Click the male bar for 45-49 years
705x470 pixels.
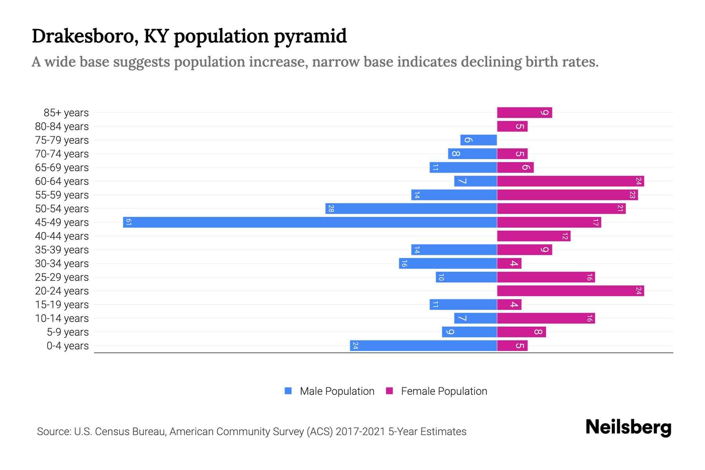tap(309, 222)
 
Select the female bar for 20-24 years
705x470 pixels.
tap(570, 291)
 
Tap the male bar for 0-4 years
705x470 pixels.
tap(423, 345)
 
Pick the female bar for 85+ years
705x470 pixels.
tap(524, 112)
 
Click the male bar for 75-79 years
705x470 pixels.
tap(478, 140)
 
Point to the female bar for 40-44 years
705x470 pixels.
tap(533, 236)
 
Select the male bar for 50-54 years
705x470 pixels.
tap(411, 208)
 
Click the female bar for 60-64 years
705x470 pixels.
tap(570, 181)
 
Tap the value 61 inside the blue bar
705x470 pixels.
tap(128, 222)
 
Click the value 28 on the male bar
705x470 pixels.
tap(331, 208)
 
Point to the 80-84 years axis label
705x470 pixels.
tap(62, 127)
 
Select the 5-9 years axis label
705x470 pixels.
tap(68, 332)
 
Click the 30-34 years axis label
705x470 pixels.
tap(62, 264)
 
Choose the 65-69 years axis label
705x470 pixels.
tap(62, 168)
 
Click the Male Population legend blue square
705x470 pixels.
tap(288, 391)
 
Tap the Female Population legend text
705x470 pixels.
tap(444, 391)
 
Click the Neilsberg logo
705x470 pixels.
tap(628, 427)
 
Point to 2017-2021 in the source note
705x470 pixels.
tap(360, 432)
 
